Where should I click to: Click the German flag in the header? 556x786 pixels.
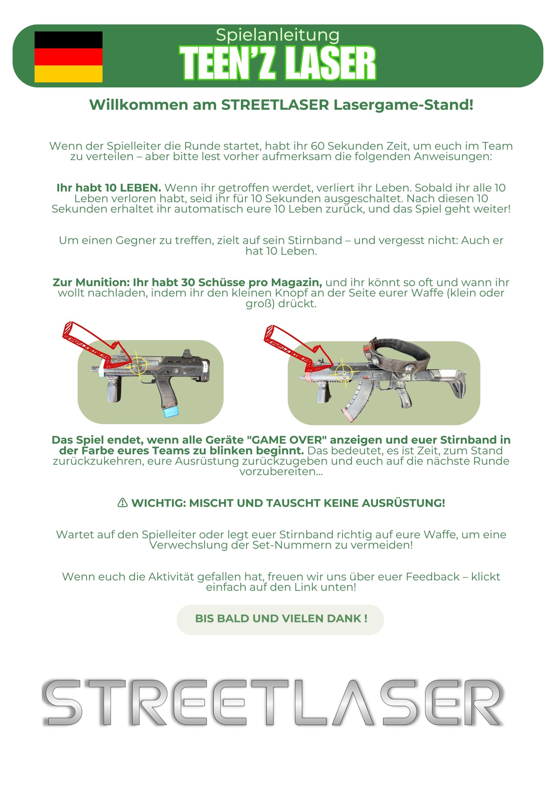69,57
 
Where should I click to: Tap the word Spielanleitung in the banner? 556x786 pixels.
278,36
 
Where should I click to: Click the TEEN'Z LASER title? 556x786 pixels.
278,63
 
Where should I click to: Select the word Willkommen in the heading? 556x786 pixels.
139,105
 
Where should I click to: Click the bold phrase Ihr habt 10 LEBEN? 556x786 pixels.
109,188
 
